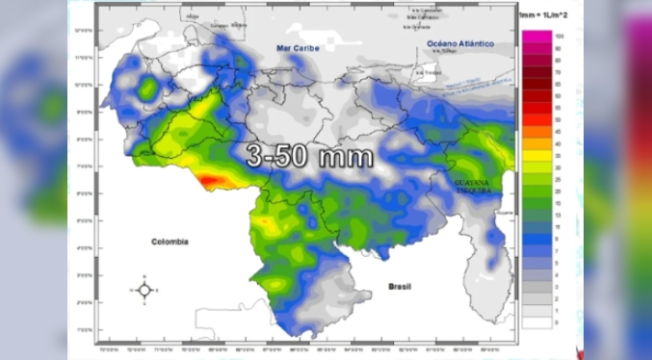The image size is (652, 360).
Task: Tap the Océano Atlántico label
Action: pos(460,43)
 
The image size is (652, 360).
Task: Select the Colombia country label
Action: pos(169,242)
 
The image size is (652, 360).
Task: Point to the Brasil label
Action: pos(399,286)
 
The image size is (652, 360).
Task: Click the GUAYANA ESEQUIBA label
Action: pos(472,185)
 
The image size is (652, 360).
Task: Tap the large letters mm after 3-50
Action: pos(341,156)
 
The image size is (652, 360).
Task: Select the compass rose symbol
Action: pos(143,289)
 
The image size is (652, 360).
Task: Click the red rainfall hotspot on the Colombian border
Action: pos(213,180)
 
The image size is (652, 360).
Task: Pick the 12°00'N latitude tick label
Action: pos(83,30)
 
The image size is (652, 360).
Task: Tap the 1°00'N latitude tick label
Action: pos(83,330)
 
